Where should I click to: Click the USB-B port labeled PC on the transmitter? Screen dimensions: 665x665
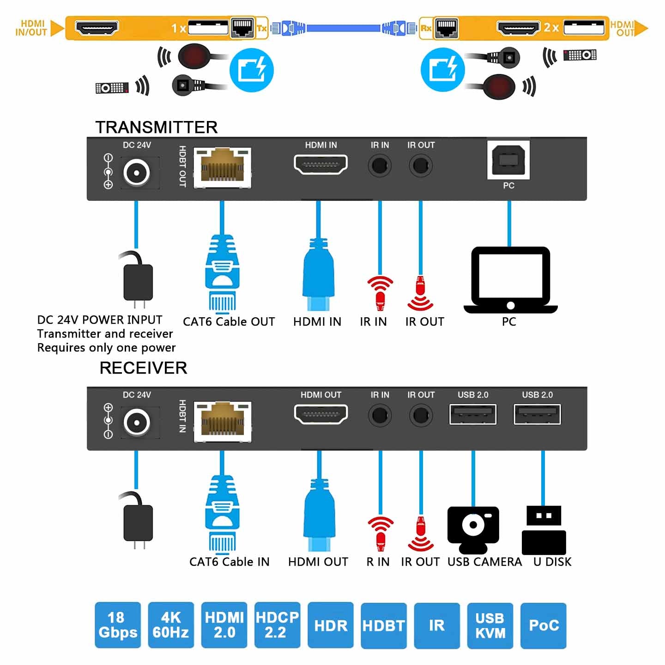[508, 160]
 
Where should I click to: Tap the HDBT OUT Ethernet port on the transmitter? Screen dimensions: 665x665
[222, 167]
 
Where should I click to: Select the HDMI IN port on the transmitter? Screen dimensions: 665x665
[320, 164]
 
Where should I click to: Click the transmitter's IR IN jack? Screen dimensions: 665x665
[380, 165]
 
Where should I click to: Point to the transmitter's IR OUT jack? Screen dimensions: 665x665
[421, 165]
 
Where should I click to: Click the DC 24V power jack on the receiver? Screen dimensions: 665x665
[137, 422]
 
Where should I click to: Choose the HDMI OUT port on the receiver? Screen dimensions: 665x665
[320, 414]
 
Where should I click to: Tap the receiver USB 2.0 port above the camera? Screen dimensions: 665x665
[473, 414]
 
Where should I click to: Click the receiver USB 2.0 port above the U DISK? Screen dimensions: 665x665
[537, 414]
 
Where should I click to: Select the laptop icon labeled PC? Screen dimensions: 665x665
[510, 280]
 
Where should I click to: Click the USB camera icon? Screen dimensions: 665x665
[473, 529]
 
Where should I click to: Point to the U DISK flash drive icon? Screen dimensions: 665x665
[544, 530]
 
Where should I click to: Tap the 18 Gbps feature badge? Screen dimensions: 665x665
[118, 625]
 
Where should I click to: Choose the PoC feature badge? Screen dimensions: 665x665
[544, 625]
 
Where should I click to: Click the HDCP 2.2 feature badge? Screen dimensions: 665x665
[277, 625]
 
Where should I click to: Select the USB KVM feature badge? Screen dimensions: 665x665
[490, 625]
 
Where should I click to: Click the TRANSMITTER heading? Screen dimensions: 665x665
[157, 127]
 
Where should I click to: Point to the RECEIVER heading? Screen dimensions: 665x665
[144, 368]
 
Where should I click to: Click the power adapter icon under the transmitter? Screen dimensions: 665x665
[137, 280]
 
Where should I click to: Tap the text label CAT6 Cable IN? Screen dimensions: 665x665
[229, 562]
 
